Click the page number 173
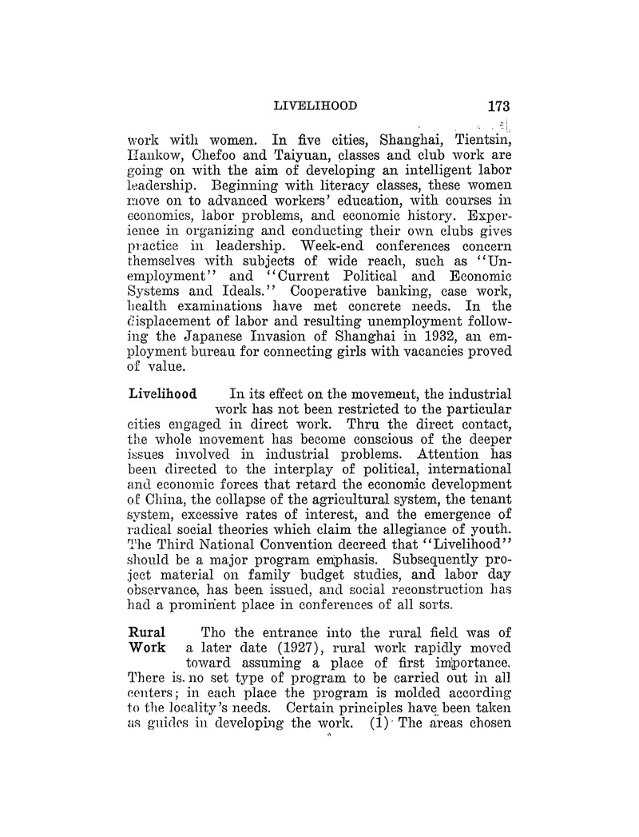494,106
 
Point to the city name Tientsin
476,142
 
